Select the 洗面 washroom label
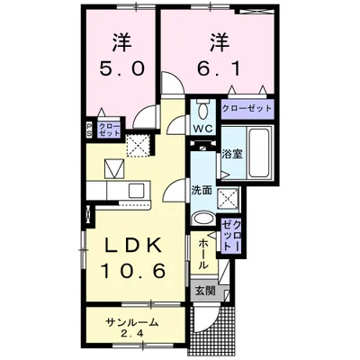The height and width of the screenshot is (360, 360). tap(202, 191)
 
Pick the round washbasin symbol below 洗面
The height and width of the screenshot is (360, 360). tap(203, 219)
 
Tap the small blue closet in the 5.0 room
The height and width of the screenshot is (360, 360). tap(107, 130)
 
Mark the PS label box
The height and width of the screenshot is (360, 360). tap(89, 130)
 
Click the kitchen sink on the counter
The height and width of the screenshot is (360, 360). tap(135, 190)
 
